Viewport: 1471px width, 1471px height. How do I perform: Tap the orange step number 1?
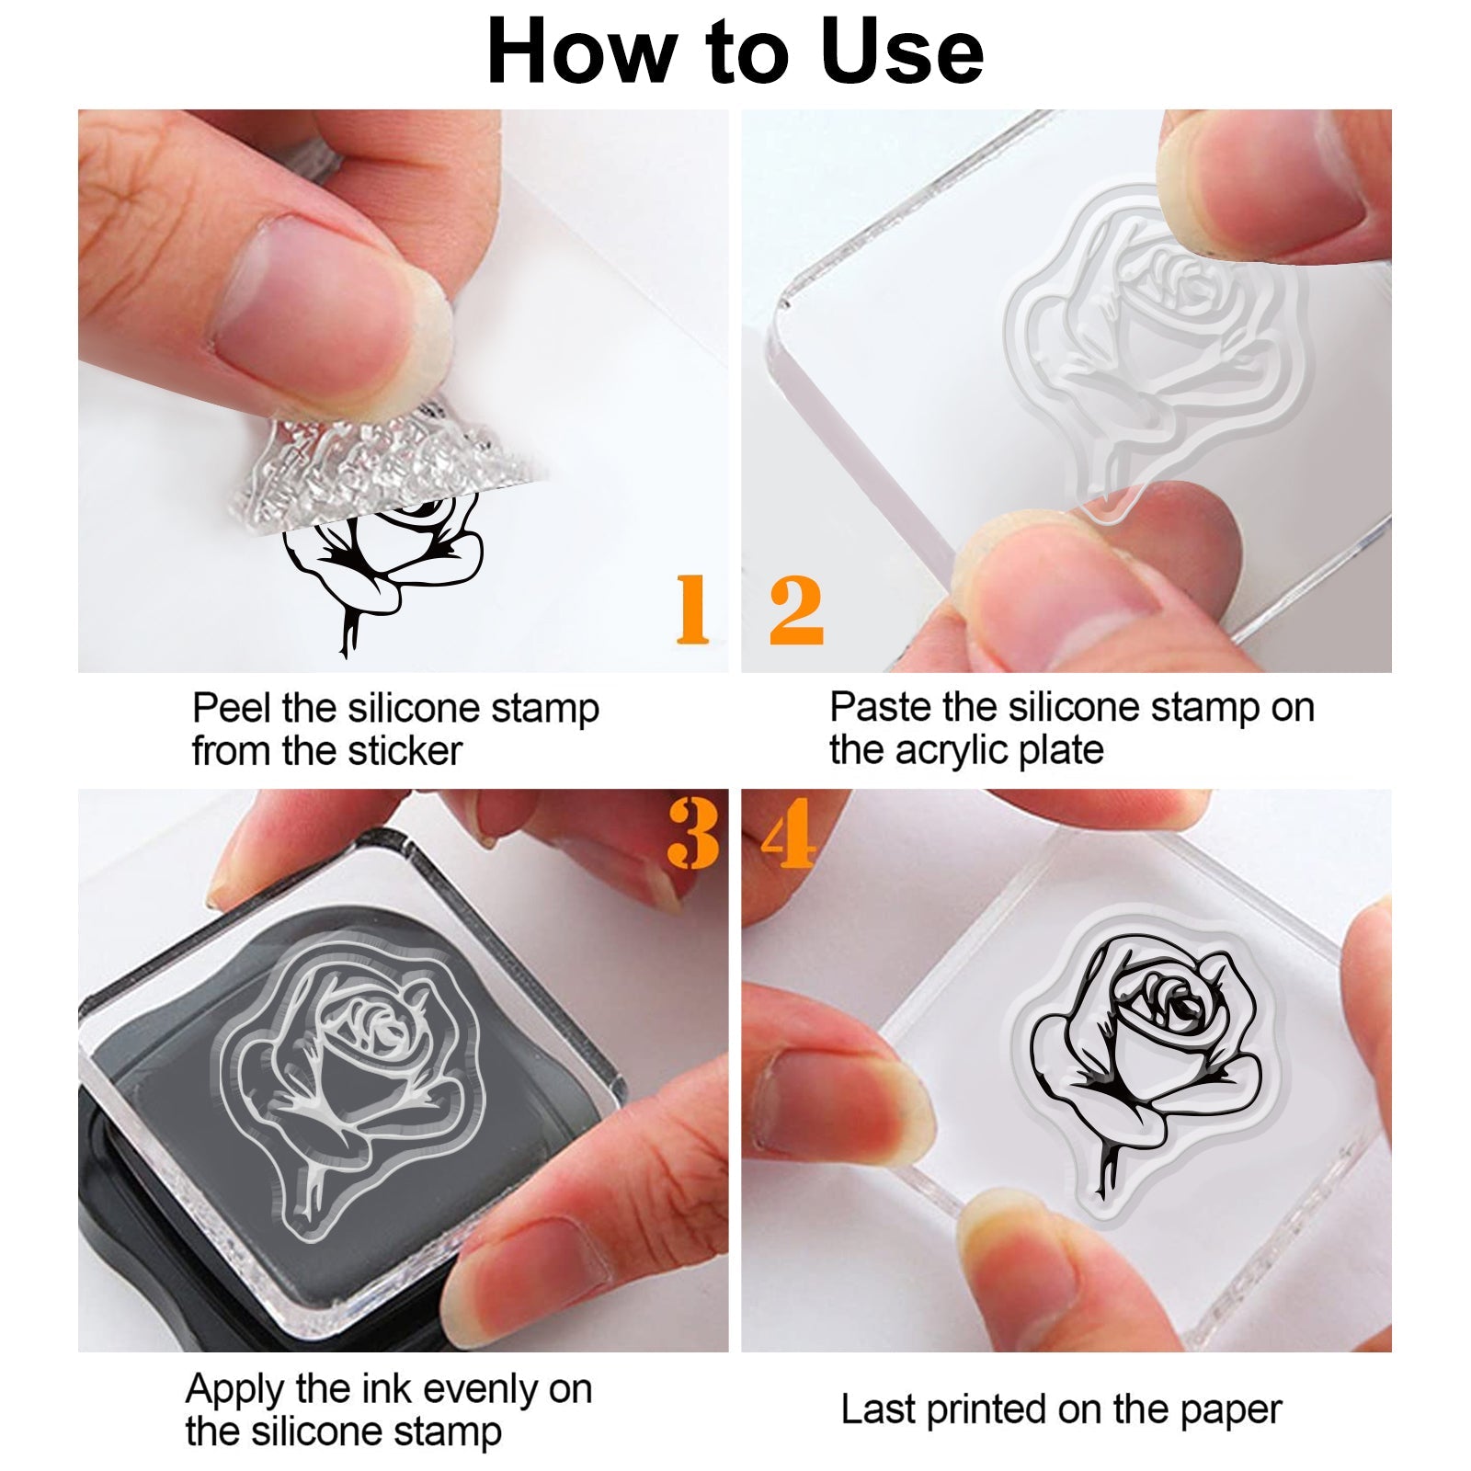(692, 609)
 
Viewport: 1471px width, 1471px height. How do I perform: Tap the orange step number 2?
(796, 609)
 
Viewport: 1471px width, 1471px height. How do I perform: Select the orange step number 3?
(693, 833)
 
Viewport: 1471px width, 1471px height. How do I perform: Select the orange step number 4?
(789, 833)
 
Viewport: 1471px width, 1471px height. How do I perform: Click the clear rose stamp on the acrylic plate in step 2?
(1155, 350)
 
